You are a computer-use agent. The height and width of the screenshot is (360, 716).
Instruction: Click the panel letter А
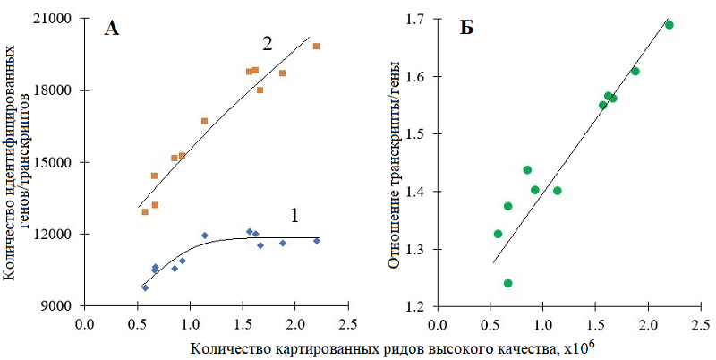112,29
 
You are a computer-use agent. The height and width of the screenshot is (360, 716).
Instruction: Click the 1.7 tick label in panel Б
418,19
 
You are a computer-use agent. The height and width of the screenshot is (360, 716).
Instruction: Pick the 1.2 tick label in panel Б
418,306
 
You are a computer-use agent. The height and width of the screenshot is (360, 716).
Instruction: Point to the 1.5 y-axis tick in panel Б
418,134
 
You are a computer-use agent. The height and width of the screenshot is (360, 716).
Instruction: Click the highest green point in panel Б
669,25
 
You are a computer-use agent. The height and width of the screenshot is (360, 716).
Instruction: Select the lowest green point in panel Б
507,283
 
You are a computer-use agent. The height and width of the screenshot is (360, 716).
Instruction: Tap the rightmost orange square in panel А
316,46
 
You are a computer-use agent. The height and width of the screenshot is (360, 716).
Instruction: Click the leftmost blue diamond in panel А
145,287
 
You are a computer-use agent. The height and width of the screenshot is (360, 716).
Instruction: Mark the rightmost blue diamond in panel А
316,241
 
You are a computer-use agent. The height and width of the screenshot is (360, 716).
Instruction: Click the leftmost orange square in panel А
145,211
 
